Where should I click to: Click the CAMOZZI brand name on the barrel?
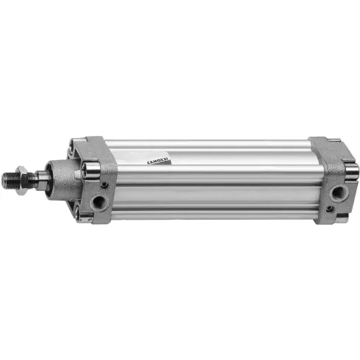pyautogui.click(x=158, y=161)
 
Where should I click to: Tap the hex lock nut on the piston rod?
pyautogui.click(x=21, y=180)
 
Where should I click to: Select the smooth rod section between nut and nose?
pyautogui.click(x=40, y=180)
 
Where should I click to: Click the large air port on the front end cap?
pyautogui.click(x=99, y=202)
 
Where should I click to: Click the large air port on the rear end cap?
pyautogui.click(x=339, y=192)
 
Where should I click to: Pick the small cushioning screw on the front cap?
pyautogui.click(x=105, y=184)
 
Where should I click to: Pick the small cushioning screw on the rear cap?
pyautogui.click(x=330, y=209)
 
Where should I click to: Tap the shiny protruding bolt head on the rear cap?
pyautogui.click(x=353, y=171)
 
